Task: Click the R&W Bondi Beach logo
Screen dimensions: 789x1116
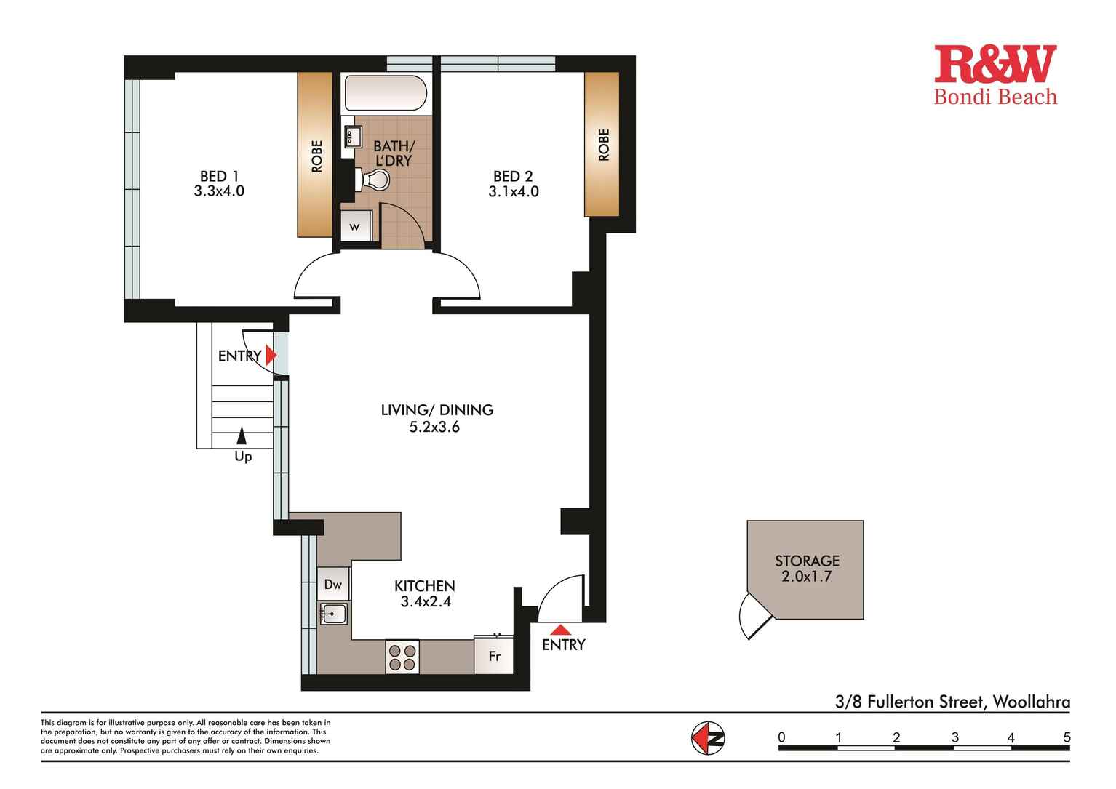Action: (995, 75)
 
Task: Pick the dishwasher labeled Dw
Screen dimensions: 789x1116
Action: (333, 584)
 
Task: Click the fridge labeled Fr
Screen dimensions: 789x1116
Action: (494, 656)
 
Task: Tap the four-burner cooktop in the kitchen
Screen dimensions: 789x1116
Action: (402, 657)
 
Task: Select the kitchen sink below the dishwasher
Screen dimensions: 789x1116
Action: (334, 614)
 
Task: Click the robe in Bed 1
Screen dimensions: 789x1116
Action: (314, 155)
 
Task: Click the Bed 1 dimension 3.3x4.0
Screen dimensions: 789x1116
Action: (218, 192)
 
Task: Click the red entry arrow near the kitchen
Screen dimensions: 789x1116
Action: (560, 630)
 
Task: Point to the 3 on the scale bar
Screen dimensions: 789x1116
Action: (954, 737)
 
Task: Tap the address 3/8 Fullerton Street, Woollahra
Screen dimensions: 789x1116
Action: (952, 702)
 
